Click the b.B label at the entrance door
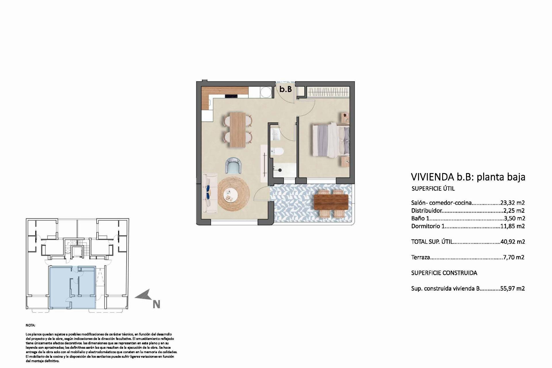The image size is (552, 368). [x=285, y=89]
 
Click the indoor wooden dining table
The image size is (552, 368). [x=238, y=130]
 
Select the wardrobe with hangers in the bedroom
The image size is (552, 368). [x=328, y=92]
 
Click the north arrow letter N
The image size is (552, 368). [x=156, y=304]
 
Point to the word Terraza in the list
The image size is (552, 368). [x=420, y=257]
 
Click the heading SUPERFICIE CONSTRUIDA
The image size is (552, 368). [x=444, y=273]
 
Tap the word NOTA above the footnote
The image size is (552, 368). [x=30, y=325]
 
